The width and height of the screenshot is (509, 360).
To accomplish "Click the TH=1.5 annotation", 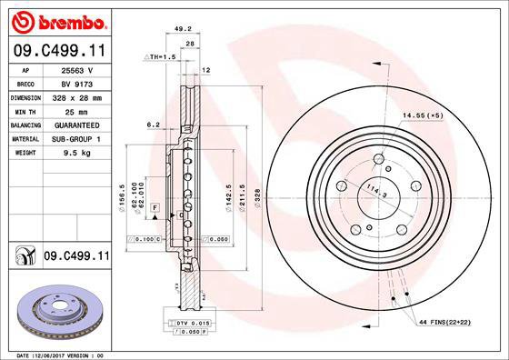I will [x=159, y=56].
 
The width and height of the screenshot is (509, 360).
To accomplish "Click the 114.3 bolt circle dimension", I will [x=374, y=193].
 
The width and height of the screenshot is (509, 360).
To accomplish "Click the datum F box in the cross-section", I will [x=155, y=209].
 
